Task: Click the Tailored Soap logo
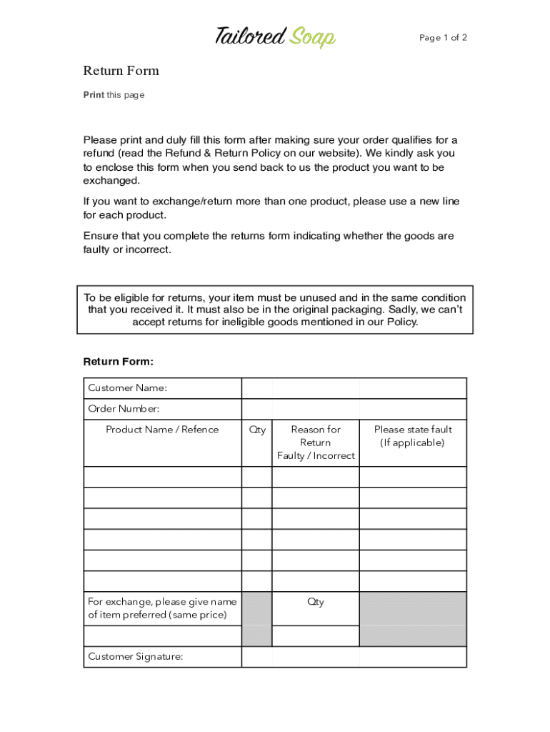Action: click(x=275, y=36)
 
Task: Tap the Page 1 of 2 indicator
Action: click(x=443, y=38)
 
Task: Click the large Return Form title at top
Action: click(x=121, y=71)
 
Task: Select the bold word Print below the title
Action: click(x=94, y=95)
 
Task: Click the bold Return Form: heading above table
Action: click(x=119, y=362)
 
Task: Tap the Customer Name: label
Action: click(x=127, y=388)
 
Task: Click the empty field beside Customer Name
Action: click(x=354, y=388)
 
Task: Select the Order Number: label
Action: click(x=124, y=409)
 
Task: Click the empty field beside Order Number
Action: click(x=354, y=409)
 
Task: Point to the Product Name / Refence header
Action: click(x=162, y=430)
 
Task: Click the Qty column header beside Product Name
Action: click(x=257, y=430)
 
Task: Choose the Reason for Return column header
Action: click(x=315, y=442)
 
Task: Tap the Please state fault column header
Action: click(x=413, y=436)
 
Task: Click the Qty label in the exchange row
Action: click(x=315, y=602)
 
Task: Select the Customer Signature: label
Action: click(x=135, y=656)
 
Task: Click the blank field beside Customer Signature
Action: click(x=354, y=657)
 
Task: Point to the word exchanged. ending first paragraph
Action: click(x=111, y=181)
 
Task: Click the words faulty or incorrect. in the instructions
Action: click(x=127, y=249)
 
